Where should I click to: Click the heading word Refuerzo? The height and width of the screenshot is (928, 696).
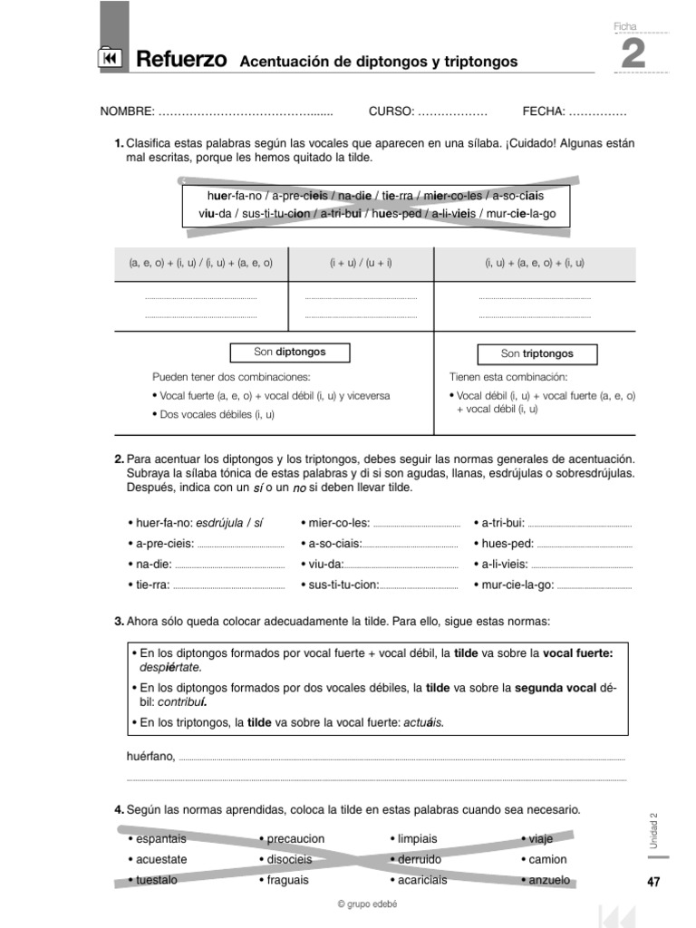click(x=181, y=60)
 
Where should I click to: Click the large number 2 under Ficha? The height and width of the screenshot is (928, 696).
click(x=633, y=55)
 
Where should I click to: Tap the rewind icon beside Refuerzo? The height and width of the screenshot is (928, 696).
click(x=108, y=59)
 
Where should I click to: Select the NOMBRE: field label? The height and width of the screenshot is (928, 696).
click(x=127, y=111)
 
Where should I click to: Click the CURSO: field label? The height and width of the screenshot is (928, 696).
click(x=391, y=111)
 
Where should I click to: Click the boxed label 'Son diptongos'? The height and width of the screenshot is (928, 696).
click(x=289, y=352)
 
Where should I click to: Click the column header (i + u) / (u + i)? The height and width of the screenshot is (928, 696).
click(x=361, y=263)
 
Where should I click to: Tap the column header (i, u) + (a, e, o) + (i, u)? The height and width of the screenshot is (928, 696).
click(x=535, y=263)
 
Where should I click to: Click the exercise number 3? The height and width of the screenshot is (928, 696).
click(x=119, y=622)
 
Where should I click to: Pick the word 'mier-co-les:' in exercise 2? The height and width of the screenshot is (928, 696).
click(x=338, y=523)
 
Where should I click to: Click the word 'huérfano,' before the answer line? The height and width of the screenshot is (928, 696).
click(x=151, y=757)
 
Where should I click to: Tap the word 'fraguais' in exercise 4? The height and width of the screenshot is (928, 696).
click(x=288, y=880)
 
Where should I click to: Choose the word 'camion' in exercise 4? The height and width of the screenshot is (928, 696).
click(x=547, y=859)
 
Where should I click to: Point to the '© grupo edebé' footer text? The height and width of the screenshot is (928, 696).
click(x=367, y=904)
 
